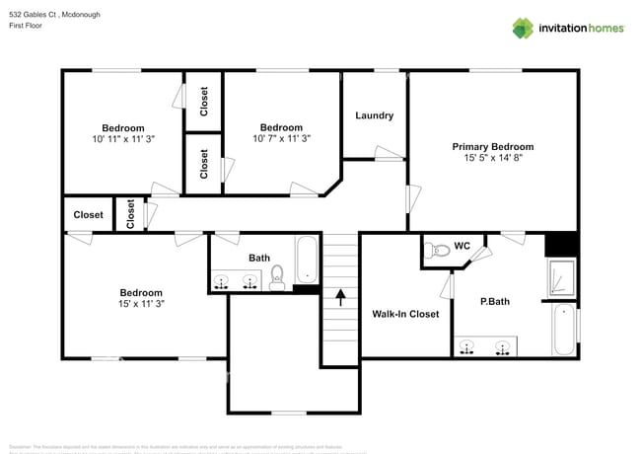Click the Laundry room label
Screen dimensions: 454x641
[374, 115]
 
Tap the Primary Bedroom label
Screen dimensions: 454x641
[492, 147]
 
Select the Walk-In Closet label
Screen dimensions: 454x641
[405, 314]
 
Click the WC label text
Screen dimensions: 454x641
[462, 247]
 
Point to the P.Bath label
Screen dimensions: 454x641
[494, 301]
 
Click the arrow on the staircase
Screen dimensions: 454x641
[341, 293]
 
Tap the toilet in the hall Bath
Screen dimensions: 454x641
[277, 277]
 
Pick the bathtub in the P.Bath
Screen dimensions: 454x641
[563, 330]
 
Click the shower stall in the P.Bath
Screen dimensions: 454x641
[562, 278]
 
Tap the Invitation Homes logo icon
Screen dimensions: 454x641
[523, 28]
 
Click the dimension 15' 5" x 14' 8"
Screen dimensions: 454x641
[492, 158]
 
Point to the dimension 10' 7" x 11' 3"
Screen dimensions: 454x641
[280, 139]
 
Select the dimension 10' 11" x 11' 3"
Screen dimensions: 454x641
[123, 139]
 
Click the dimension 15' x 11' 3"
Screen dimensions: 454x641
[141, 304]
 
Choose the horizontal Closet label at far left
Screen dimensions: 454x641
[88, 215]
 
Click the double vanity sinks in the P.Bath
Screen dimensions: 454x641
[486, 346]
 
